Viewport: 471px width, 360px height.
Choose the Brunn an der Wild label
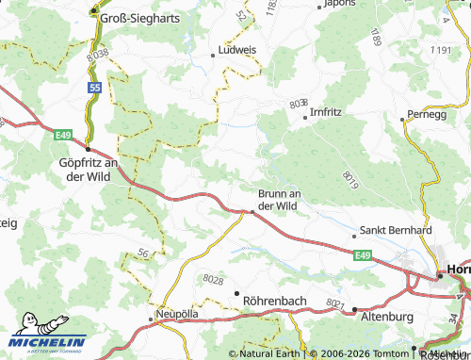[279, 199]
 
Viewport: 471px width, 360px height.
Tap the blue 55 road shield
[94, 87]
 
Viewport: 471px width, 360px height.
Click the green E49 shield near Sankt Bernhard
[364, 254]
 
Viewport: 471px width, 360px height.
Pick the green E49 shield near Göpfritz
[63, 137]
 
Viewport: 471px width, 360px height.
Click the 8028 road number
[215, 279]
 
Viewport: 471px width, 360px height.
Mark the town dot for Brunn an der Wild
[252, 213]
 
